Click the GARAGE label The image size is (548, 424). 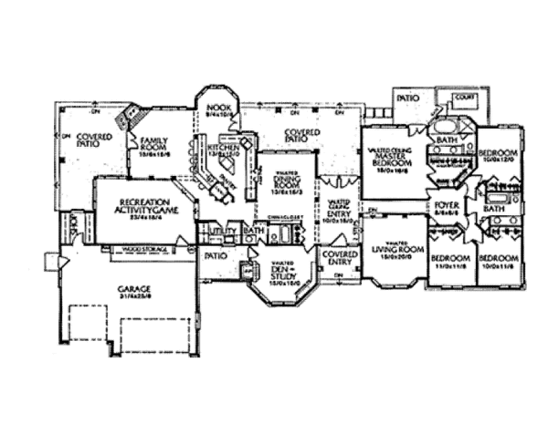click(134, 290)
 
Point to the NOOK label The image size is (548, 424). click(218, 110)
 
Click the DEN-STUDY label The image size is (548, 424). click(283, 271)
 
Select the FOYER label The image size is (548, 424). click(447, 204)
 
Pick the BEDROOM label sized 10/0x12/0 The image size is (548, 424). click(499, 152)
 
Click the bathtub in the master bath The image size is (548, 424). click(447, 124)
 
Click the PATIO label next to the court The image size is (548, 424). click(408, 97)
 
